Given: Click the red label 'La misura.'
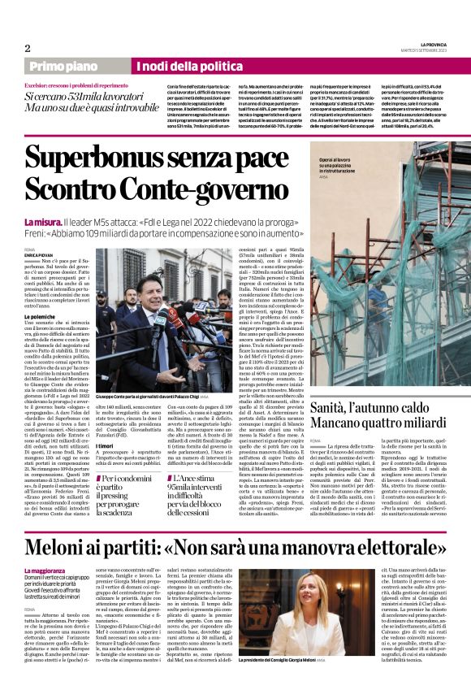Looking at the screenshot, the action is (44, 221).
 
